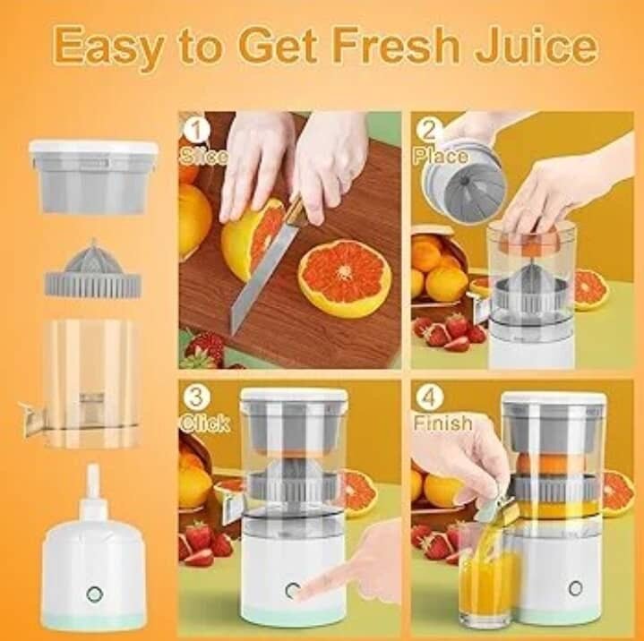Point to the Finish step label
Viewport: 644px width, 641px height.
[442, 422]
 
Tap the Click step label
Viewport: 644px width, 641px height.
[205, 423]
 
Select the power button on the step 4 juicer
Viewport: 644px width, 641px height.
[575, 588]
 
